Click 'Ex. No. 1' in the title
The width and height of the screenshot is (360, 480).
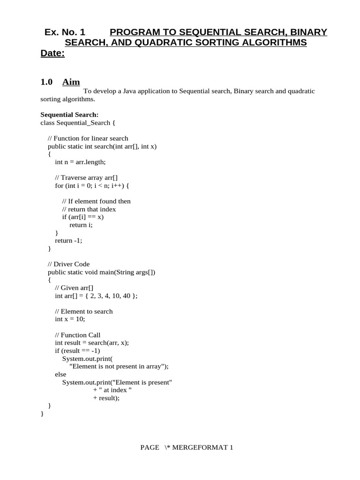[x=65, y=32]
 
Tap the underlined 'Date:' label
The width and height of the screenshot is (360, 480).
[x=52, y=53]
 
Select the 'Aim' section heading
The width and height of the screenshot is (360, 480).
[x=71, y=82]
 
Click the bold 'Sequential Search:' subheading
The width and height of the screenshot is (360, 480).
[x=69, y=114]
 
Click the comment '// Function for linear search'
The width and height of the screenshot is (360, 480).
[x=88, y=138]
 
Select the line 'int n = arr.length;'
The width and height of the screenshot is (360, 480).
[x=81, y=162]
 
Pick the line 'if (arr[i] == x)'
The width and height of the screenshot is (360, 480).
[x=82, y=217]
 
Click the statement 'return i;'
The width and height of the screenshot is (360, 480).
[x=81, y=225]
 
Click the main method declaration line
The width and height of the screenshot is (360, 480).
[x=101, y=272]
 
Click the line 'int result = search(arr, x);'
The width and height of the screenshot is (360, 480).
[x=91, y=343]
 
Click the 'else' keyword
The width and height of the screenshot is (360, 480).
[x=60, y=375]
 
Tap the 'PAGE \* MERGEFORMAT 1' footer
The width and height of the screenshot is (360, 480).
[x=187, y=448]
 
